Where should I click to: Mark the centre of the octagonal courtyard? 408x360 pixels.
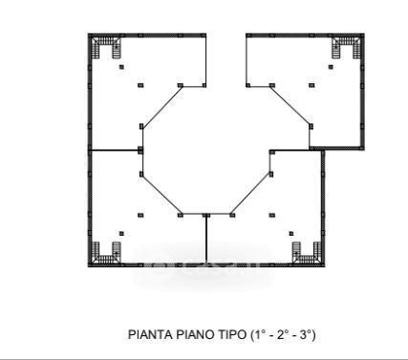pyautogui.click(x=206, y=150)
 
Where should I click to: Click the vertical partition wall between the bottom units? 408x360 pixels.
pyautogui.click(x=206, y=240)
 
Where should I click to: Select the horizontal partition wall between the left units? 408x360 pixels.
pyautogui.click(x=116, y=150)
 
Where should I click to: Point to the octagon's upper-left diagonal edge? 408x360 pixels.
pyautogui.click(x=162, y=107)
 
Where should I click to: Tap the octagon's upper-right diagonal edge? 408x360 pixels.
pyautogui.click(x=290, y=106)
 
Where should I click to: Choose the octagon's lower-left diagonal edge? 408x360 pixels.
pyautogui.click(x=161, y=195)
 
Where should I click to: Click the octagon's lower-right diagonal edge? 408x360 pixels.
pyautogui.click(x=251, y=194)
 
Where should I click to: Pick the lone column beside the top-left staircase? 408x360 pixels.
pyautogui.click(x=121, y=67)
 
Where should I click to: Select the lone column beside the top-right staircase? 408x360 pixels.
pyautogui.click(x=331, y=67)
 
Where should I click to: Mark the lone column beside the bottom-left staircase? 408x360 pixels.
pyautogui.click(x=121, y=234)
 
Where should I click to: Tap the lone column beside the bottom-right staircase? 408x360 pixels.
pyautogui.click(x=291, y=234)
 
